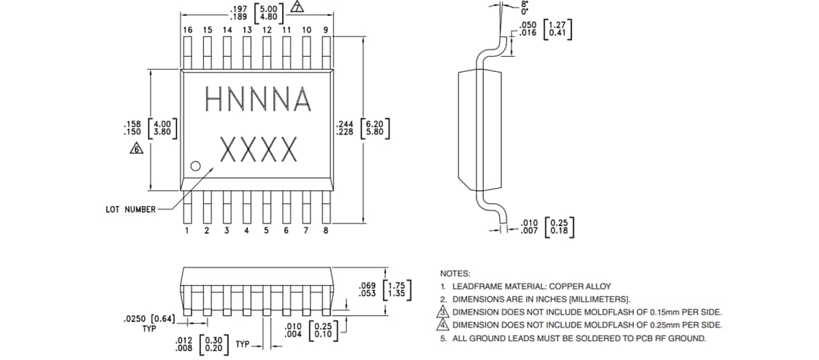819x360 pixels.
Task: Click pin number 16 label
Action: pos(187,30)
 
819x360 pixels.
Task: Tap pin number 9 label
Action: pos(326,30)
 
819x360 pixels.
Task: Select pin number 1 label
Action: pos(187,230)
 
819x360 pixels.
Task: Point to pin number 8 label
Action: pos(326,230)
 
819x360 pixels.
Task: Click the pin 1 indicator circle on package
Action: pos(195,165)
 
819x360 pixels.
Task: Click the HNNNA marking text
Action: pos(258,99)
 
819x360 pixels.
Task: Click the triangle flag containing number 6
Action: pos(136,149)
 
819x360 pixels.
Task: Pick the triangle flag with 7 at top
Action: pos(297,8)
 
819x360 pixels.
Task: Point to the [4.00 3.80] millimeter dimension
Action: pos(165,127)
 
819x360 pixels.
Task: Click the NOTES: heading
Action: pos(456,273)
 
